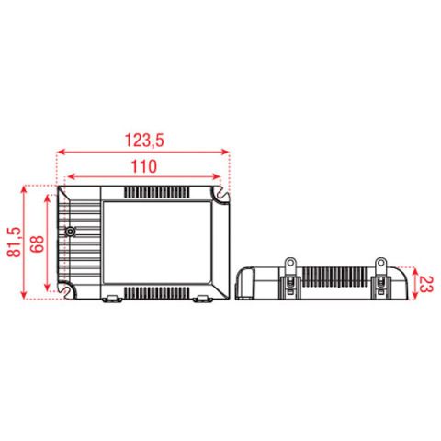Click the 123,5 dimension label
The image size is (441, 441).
click(144, 141)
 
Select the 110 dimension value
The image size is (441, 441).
click(144, 166)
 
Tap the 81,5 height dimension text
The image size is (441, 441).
click(15, 242)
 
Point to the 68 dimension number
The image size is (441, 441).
click(38, 243)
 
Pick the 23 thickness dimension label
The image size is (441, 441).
click(426, 284)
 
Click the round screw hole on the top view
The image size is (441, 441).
click(71, 232)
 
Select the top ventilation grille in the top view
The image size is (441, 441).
click(156, 192)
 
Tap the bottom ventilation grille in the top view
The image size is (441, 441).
click(156, 293)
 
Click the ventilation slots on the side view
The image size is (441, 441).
click(335, 277)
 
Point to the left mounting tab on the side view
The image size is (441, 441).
click(290, 266)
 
